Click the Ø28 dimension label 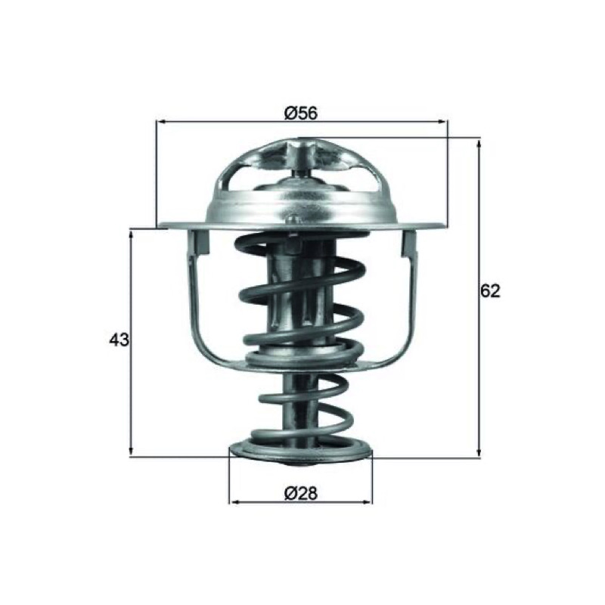point(301,493)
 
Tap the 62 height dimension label point(490,291)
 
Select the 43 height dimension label point(119,340)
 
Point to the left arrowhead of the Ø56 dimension point(160,122)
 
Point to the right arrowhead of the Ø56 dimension point(443,122)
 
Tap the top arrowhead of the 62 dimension point(479,144)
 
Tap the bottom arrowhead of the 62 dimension point(479,452)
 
